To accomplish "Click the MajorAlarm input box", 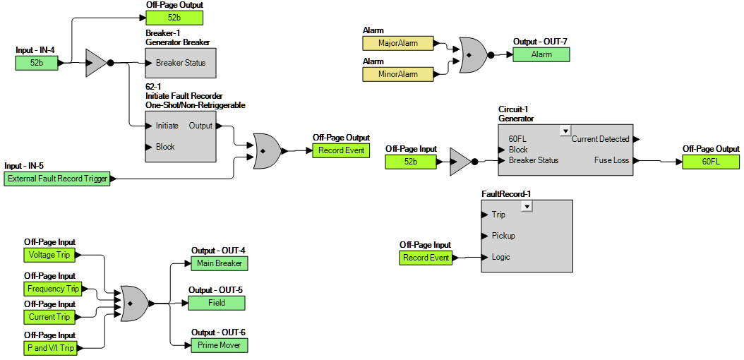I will pos(398,43).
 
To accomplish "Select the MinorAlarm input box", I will pos(398,74).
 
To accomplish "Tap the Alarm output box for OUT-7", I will pos(541,54).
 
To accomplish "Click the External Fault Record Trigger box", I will pos(58,179).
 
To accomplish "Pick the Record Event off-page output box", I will pos(341,150).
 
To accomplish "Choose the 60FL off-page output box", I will pos(711,162).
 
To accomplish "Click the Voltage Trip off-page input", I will pos(49,255).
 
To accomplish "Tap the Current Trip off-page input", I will pos(49,317).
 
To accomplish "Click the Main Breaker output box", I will pos(219,263).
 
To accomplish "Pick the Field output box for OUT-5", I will pos(217,303).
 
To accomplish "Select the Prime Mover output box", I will pos(219,345).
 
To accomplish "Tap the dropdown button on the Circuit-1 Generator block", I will pos(564,131).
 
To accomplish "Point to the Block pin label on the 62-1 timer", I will pos(165,147).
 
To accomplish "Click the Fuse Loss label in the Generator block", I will pos(611,160).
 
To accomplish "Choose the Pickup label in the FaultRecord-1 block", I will pos(503,236).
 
